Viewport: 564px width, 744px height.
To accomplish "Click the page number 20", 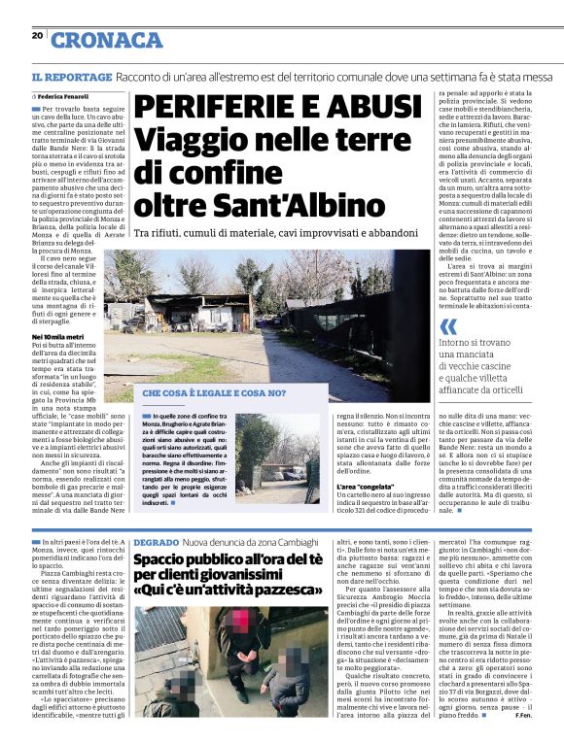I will tap(37, 36).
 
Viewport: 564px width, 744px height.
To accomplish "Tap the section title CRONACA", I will tap(106, 40).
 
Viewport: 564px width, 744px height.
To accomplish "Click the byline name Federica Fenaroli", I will tap(65, 98).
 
